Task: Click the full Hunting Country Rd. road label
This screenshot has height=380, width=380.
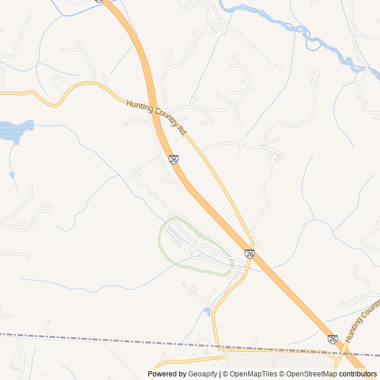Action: point(156,118)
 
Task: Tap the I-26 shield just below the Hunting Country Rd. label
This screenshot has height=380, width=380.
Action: point(173,159)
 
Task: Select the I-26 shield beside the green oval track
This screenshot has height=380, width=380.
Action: point(249,254)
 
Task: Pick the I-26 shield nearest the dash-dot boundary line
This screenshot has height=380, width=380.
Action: point(332,338)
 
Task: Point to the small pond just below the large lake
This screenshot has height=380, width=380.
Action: point(11,175)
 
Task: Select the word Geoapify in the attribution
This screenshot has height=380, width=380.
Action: point(202,374)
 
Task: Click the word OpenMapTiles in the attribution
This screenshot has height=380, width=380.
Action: point(253,374)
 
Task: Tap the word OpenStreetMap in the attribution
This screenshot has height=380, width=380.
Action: point(311,374)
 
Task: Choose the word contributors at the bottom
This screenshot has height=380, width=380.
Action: point(358,374)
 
